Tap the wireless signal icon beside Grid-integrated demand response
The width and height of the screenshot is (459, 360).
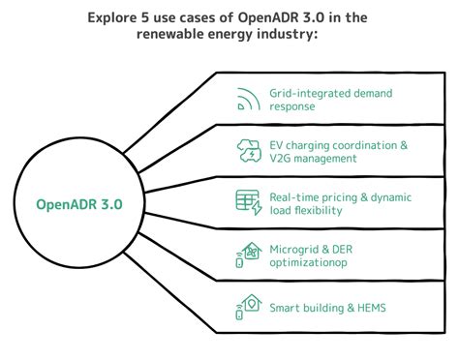[x=249, y=99]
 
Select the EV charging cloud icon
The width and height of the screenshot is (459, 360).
[x=248, y=151]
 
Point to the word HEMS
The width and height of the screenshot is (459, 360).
[x=359, y=308]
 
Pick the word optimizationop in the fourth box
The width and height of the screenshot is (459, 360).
[x=308, y=263]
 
